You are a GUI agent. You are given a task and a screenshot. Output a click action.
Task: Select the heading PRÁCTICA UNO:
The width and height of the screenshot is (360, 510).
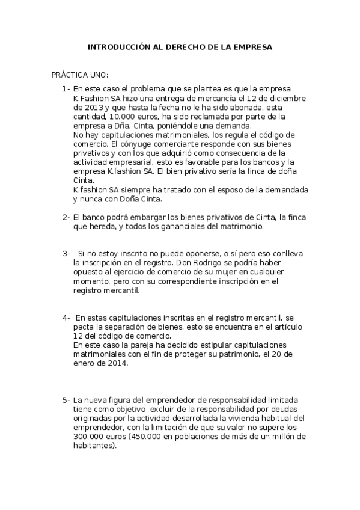click(x=79, y=75)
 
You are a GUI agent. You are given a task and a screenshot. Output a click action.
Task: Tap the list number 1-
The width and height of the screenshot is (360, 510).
click(x=66, y=89)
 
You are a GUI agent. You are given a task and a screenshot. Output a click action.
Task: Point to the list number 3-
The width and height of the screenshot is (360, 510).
click(x=66, y=254)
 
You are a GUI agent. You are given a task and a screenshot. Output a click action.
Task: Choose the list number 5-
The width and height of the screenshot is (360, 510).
click(x=66, y=400)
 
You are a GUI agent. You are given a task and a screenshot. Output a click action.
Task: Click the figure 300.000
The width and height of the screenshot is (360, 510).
click(x=88, y=436)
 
